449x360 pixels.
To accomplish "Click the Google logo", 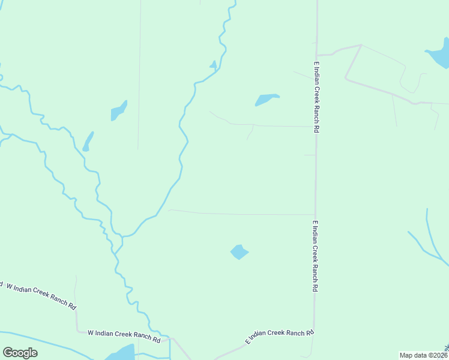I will pyautogui.click(x=20, y=353).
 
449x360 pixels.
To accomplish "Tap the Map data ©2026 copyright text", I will pyautogui.click(x=423, y=355).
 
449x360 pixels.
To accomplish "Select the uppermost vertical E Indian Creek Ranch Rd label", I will pyautogui.click(x=316, y=97).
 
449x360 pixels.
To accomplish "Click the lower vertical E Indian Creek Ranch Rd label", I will pyautogui.click(x=315, y=256).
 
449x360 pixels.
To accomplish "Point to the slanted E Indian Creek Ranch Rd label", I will pyautogui.click(x=280, y=337).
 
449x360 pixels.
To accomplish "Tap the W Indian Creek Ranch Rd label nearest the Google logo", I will pyautogui.click(x=124, y=335).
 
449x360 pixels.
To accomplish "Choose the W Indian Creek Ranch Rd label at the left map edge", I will pyautogui.click(x=40, y=295).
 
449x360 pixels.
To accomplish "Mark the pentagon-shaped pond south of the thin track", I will pyautogui.click(x=240, y=252).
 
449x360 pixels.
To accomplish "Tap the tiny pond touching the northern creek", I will pyautogui.click(x=213, y=65).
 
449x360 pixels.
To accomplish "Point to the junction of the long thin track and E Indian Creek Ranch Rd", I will pyautogui.click(x=315, y=214).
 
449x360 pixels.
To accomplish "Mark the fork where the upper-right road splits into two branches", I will pyautogui.click(x=360, y=46).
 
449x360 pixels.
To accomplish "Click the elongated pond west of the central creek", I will pyautogui.click(x=118, y=111).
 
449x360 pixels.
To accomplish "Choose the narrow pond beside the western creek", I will pyautogui.click(x=88, y=142).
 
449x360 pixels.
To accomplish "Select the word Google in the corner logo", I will pyautogui.click(x=20, y=353).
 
